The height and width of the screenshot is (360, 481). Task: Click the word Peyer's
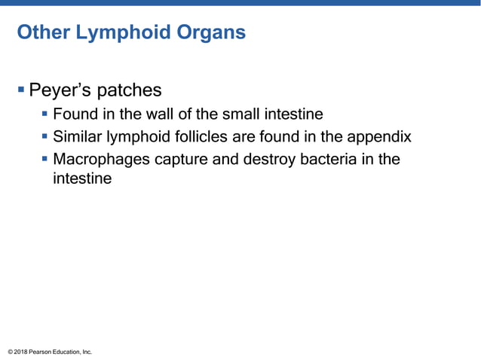[x=57, y=90]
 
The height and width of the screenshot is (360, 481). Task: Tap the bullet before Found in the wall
[x=45, y=114]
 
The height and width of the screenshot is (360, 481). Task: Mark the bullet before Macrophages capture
[x=45, y=160]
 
